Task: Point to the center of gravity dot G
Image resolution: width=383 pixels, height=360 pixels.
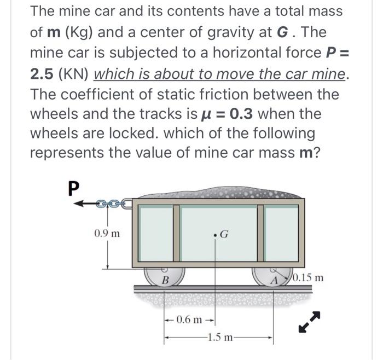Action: point(217,236)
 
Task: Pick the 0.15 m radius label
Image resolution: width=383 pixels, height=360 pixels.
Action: point(309,277)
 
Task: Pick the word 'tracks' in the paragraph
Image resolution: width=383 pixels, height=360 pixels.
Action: point(147,114)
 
